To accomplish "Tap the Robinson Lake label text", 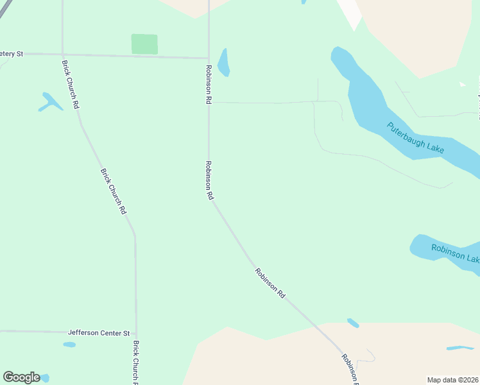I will pyautogui.click(x=454, y=253).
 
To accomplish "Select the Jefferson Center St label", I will pyautogui.click(x=99, y=333).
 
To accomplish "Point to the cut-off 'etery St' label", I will pyautogui.click(x=12, y=54).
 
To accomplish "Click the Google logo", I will pyautogui.click(x=21, y=377).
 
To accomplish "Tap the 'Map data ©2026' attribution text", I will pyautogui.click(x=452, y=380).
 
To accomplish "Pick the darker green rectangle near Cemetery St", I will pyautogui.click(x=144, y=44).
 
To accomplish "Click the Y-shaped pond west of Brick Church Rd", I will pyautogui.click(x=50, y=102).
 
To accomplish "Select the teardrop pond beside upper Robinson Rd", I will pyautogui.click(x=223, y=63).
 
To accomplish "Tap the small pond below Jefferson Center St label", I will pyautogui.click(x=69, y=345).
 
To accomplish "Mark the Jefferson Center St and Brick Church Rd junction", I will pyautogui.click(x=136, y=333).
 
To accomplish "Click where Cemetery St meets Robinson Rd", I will pyautogui.click(x=209, y=58).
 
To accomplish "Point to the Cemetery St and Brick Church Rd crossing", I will pyautogui.click(x=62, y=55).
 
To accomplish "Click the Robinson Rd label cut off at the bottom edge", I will pyautogui.click(x=349, y=368).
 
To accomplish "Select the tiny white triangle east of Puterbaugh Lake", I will pyautogui.click(x=462, y=84).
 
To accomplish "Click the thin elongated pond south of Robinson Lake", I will pyautogui.click(x=459, y=348).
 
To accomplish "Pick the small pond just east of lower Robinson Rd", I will pyautogui.click(x=353, y=323).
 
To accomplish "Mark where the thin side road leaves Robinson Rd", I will pyautogui.click(x=209, y=101).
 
